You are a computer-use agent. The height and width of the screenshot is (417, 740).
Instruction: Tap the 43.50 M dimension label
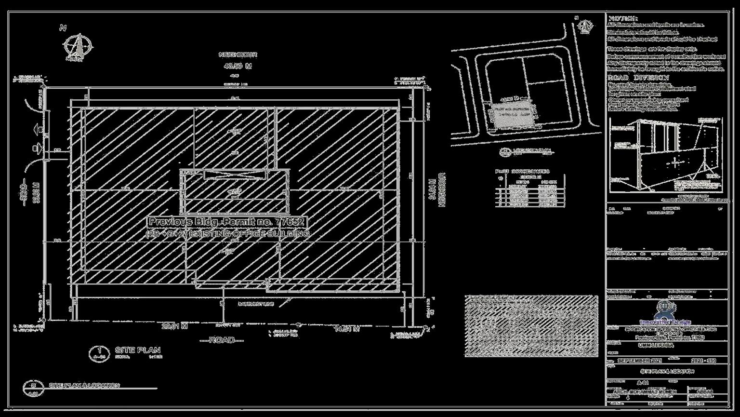click(238, 66)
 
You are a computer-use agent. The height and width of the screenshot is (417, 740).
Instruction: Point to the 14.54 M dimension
click(347, 329)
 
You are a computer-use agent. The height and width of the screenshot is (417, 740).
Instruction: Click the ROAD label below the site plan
click(222, 340)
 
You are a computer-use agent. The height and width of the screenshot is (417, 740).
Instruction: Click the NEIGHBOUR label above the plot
click(238, 55)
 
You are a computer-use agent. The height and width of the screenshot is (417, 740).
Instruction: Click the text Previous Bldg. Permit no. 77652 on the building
click(226, 222)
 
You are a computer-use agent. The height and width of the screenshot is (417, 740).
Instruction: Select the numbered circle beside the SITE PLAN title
click(99, 353)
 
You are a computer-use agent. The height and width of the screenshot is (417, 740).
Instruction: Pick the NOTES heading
click(620, 18)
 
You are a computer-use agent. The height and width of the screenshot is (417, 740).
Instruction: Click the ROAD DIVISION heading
click(638, 78)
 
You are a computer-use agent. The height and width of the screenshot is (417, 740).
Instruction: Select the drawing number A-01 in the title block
click(643, 382)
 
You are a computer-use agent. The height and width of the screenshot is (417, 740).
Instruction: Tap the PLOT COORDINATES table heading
click(522, 171)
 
